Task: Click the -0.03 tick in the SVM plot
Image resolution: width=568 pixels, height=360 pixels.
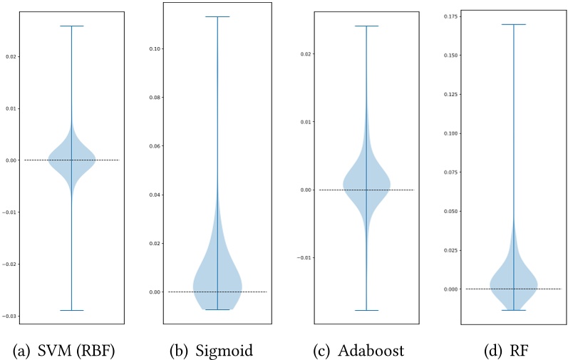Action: coord(12,316)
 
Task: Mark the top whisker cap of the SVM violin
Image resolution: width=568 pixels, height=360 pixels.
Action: coord(71,26)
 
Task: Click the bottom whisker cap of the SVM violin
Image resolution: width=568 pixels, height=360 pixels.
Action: coord(71,310)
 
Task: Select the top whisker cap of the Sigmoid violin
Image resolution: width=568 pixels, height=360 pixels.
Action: coord(218,16)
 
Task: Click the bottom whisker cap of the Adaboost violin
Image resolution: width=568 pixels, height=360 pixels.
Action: coord(366,310)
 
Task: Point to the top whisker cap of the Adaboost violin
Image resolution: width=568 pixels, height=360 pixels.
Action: coord(366,26)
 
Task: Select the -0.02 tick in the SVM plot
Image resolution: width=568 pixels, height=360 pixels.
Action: coord(12,264)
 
